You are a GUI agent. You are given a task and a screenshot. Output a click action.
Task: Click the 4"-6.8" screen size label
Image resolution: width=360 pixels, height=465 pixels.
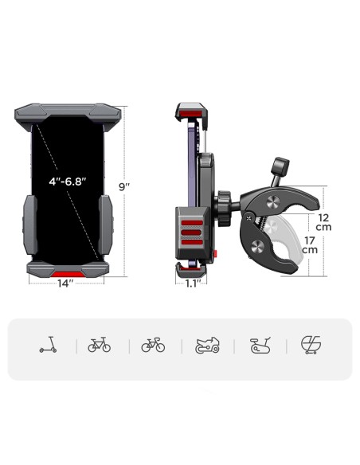click(x=68, y=182)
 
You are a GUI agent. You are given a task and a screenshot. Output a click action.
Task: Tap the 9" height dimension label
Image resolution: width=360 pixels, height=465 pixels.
click(x=124, y=187)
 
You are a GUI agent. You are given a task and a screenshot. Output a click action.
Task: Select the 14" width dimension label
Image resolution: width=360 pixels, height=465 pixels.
click(x=65, y=283)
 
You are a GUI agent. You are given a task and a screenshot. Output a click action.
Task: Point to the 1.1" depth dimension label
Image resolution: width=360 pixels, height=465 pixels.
click(x=192, y=283)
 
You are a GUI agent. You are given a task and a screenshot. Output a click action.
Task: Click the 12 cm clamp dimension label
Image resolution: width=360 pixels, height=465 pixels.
click(x=323, y=222)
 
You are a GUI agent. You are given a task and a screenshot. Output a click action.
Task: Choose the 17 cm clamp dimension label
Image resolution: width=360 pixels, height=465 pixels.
click(x=310, y=245)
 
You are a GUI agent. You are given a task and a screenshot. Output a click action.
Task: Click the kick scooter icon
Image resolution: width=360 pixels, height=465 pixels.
click(x=48, y=345)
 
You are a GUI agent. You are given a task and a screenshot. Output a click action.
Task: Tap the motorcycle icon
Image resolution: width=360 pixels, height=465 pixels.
click(x=207, y=346)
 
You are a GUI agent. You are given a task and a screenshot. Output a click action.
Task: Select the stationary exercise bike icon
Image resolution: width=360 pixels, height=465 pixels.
click(x=260, y=346)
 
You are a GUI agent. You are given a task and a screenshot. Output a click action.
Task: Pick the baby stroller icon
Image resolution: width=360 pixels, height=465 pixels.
click(x=311, y=345)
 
